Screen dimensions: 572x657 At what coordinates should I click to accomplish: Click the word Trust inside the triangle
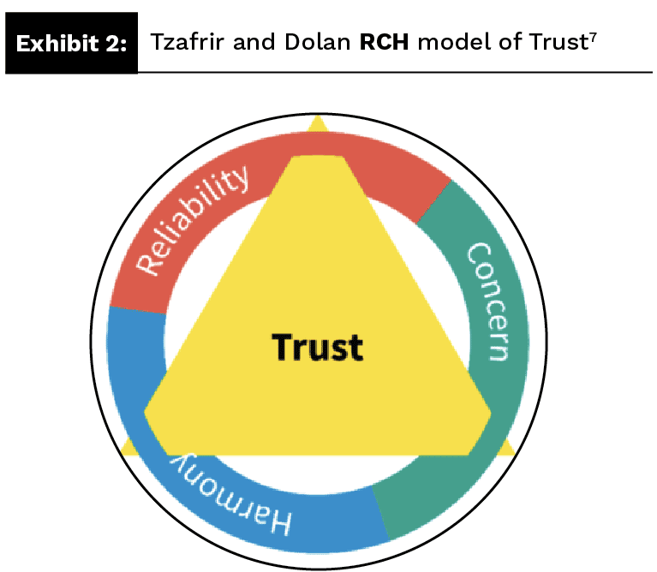tap(317, 348)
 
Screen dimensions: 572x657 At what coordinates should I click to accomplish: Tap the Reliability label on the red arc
tap(194, 220)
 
